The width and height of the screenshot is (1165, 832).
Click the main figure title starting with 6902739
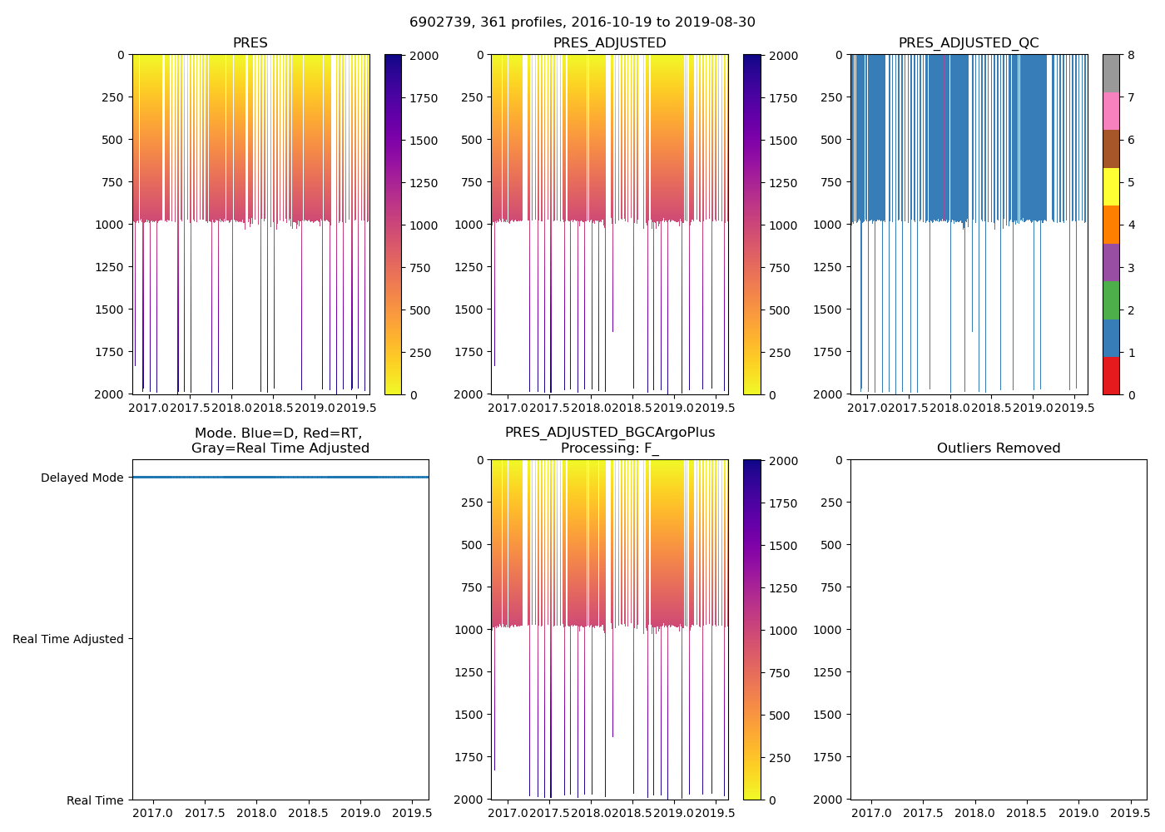click(582, 22)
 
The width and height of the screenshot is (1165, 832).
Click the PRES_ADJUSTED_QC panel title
click(969, 43)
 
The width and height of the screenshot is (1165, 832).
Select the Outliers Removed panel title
click(999, 448)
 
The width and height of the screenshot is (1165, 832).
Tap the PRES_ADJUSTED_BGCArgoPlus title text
click(610, 433)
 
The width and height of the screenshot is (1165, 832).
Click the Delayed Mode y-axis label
click(82, 478)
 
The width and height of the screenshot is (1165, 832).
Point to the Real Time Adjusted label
click(68, 639)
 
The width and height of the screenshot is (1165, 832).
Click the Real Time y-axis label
click(95, 800)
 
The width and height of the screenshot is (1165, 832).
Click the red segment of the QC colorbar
click(1111, 375)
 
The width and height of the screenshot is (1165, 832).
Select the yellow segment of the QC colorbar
click(1111, 186)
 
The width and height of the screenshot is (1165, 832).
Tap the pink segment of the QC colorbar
click(1111, 111)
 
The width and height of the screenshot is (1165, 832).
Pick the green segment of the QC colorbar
click(1111, 300)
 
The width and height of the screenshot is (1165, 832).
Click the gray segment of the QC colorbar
click(1111, 73)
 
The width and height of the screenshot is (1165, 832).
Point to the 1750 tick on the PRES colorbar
click(424, 98)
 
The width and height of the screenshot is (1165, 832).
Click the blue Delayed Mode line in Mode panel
click(280, 478)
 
